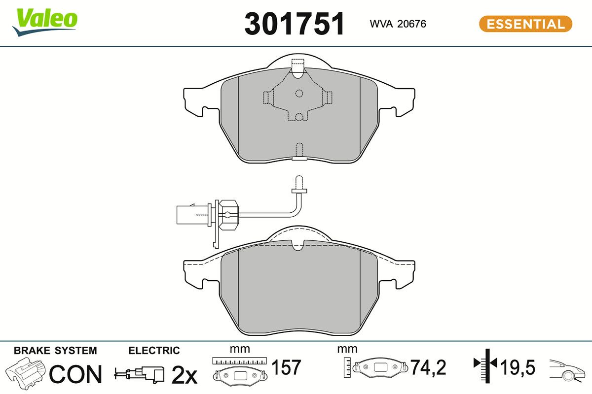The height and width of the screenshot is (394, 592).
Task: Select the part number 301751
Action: click(295, 24)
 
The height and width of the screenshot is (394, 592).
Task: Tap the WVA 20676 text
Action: click(398, 24)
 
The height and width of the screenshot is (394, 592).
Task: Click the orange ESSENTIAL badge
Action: click(525, 24)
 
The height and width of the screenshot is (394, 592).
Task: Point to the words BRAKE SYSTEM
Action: click(55, 351)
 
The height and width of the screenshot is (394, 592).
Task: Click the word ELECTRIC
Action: click(154, 351)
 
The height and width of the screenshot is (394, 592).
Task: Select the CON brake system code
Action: click(75, 375)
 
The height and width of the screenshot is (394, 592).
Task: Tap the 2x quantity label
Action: click(184, 376)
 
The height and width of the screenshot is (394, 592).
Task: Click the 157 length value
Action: click(287, 367)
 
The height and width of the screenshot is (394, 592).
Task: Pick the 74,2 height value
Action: click(428, 367)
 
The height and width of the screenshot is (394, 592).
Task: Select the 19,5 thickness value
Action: click(518, 367)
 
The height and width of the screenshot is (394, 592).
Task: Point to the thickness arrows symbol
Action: click(486, 364)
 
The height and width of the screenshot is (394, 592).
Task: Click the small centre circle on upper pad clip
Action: click(298, 93)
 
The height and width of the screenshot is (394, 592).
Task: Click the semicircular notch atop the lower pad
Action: click(298, 245)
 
